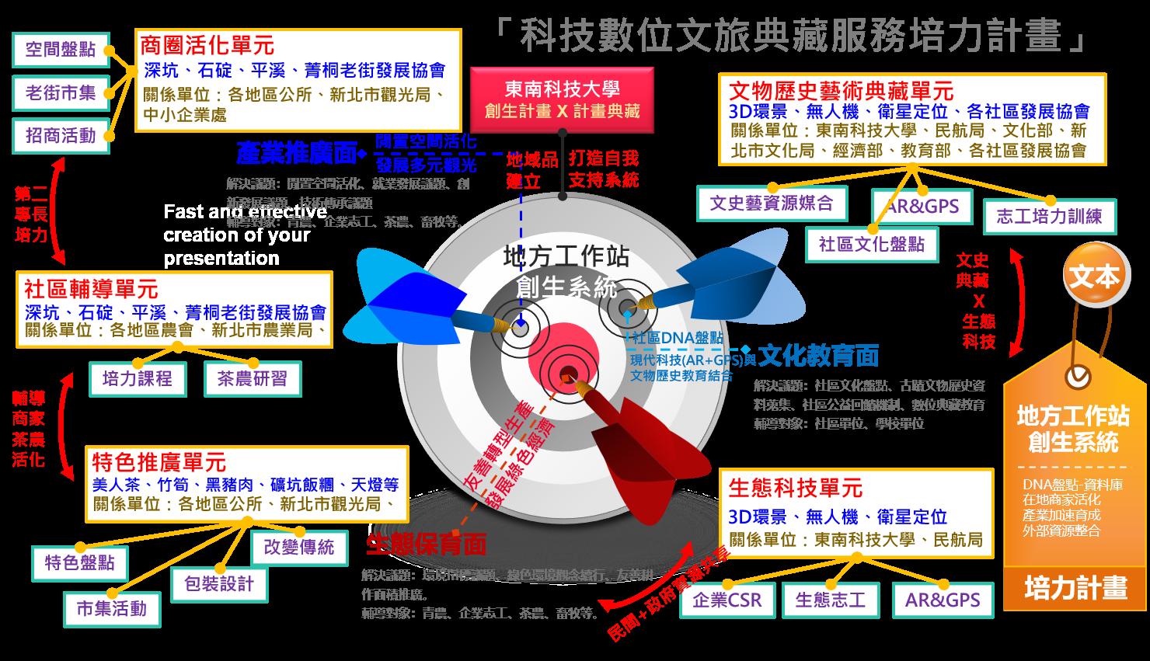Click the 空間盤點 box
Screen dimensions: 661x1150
61,50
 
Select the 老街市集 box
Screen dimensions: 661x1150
61,93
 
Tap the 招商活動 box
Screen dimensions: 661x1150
61,136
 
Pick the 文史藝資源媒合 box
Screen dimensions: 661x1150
771,204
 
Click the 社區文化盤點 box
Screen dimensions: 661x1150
872,244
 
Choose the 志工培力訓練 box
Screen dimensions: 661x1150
1049,216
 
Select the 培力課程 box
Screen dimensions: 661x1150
138,378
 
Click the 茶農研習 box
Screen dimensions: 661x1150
252,378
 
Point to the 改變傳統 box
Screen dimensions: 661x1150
299,547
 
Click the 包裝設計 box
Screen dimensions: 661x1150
219,583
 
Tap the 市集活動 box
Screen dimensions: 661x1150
112,607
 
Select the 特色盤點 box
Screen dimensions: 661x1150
80,562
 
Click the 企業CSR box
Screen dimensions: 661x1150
727,600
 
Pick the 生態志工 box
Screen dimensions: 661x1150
830,600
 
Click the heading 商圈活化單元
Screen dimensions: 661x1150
207,45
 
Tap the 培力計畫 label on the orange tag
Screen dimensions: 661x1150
1076,588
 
